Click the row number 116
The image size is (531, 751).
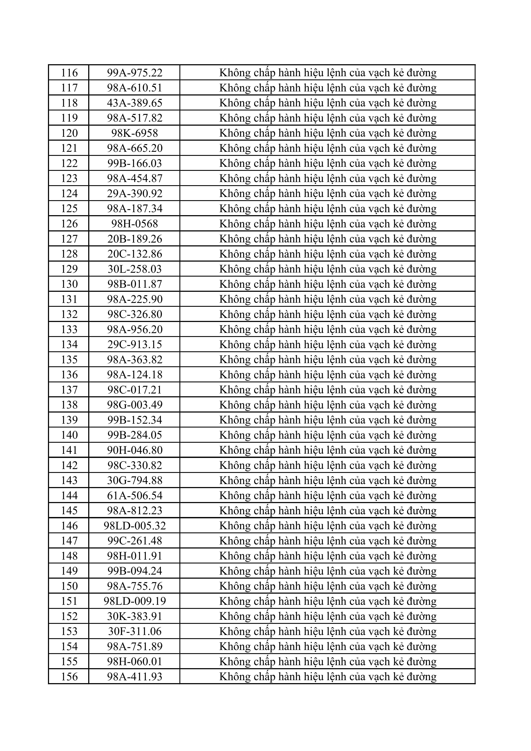click(69, 73)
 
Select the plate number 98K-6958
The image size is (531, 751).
click(135, 133)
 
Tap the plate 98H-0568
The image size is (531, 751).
click(135, 224)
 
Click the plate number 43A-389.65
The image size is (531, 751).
click(135, 103)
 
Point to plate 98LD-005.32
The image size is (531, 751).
click(135, 526)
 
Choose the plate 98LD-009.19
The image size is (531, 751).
click(135, 601)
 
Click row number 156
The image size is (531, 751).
click(69, 677)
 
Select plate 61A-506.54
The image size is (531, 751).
click(135, 496)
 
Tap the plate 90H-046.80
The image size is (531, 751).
click(135, 450)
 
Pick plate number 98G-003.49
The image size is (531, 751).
click(135, 405)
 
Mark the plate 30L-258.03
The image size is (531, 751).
click(135, 269)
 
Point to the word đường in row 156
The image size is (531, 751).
click(422, 677)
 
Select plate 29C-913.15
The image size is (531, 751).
click(135, 344)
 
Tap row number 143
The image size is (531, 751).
click(69, 480)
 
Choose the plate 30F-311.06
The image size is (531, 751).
click(135, 631)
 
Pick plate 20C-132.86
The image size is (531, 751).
click(135, 254)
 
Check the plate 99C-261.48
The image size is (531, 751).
click(135, 541)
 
